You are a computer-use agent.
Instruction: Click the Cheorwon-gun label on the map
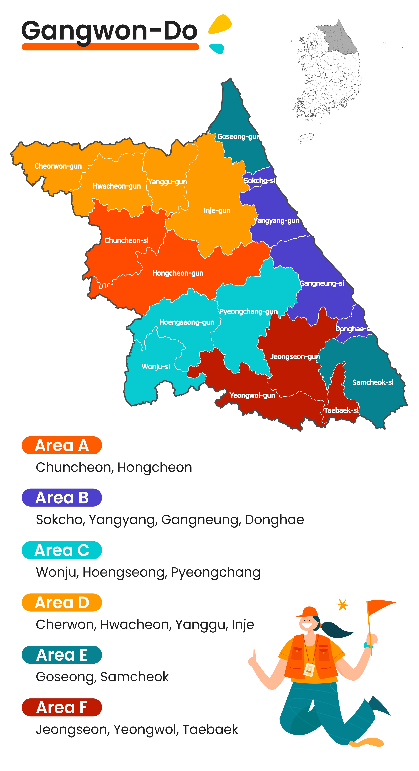tap(58, 166)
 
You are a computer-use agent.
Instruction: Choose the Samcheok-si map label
tap(373, 382)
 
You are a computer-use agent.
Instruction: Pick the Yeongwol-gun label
tap(252, 395)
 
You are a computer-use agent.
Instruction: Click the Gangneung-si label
tap(322, 283)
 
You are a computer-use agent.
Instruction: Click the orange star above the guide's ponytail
tap(342, 605)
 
